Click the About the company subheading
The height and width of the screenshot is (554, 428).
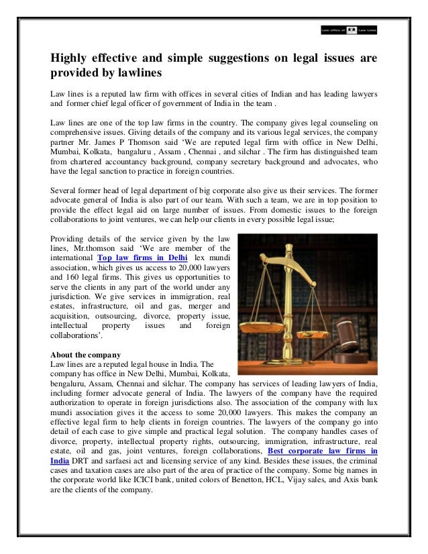click(x=85, y=353)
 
